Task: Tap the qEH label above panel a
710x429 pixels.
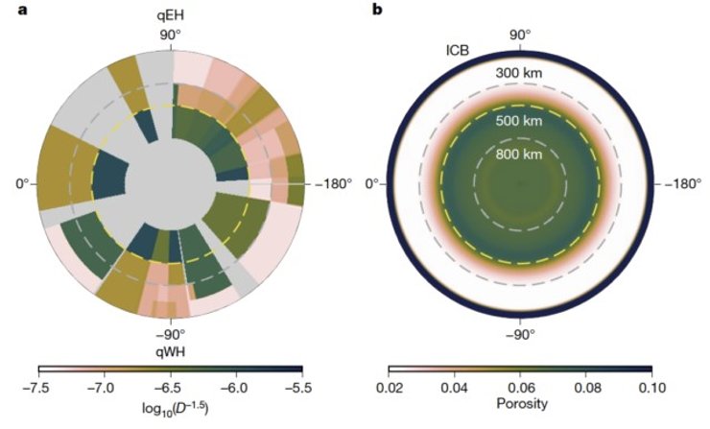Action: pyautogui.click(x=171, y=16)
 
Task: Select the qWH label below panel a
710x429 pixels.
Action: pyautogui.click(x=171, y=351)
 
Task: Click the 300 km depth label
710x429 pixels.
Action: pyautogui.click(x=520, y=72)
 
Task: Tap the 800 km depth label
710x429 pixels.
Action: pyautogui.click(x=520, y=151)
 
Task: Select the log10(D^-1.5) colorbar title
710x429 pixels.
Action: pyautogui.click(x=170, y=408)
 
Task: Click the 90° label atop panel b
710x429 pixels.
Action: pyautogui.click(x=520, y=35)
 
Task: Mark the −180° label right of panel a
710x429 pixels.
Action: pyautogui.click(x=326, y=183)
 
